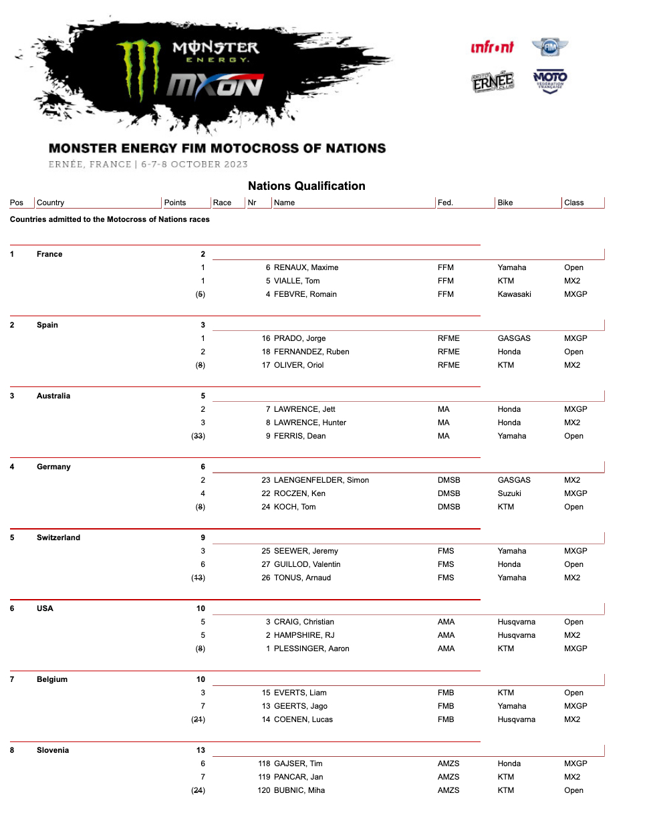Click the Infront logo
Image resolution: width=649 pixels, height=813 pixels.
[492, 47]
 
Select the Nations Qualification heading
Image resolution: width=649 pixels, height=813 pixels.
[306, 186]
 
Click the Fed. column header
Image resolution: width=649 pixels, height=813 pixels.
[445, 203]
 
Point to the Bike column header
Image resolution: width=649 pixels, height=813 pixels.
[505, 203]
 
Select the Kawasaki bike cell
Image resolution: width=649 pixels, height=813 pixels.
[514, 294]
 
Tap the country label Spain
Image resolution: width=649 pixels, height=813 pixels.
[47, 325]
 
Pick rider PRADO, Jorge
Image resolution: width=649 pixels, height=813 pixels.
[299, 338]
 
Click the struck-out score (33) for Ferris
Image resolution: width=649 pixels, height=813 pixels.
[198, 436]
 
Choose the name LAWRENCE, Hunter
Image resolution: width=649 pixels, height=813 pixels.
[309, 423]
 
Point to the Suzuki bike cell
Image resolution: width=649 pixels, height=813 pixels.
[509, 493]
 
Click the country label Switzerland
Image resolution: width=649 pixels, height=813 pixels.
[58, 538]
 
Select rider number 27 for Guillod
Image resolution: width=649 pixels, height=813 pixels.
[265, 564]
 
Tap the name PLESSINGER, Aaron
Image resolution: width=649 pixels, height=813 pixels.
[311, 649]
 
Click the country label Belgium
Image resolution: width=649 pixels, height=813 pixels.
[52, 679]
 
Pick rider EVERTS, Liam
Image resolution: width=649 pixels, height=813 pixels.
[300, 693]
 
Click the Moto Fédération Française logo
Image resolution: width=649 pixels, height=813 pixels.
[550, 82]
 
